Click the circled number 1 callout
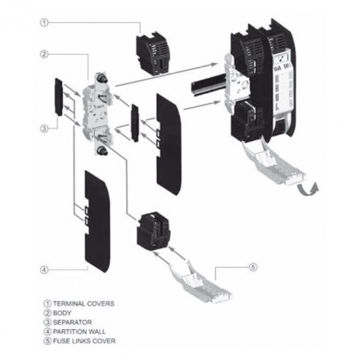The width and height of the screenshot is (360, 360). pos(45,23)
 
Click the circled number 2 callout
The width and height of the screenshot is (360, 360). pos(45,53)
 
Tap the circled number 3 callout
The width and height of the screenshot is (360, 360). pos(45,129)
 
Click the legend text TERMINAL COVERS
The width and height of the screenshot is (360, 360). pos(83,304)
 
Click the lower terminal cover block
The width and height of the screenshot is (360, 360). pos(154,230)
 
